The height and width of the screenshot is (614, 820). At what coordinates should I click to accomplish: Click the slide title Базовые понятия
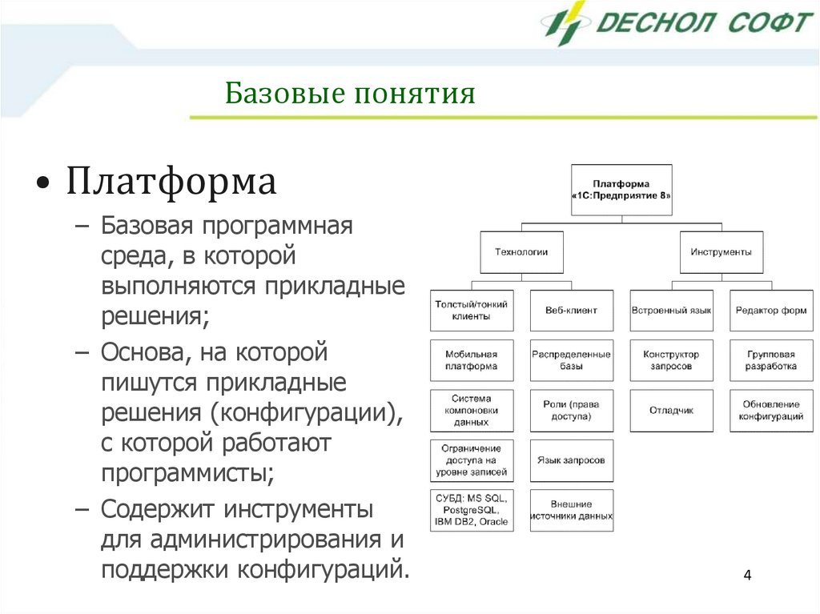[350, 94]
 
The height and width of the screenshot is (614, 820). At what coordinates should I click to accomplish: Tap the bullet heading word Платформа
[171, 182]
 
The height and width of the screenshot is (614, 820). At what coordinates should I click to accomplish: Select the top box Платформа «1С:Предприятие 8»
[621, 190]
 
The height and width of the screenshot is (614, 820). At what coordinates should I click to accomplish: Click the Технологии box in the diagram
[521, 251]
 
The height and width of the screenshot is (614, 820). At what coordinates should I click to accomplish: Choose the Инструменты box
[721, 251]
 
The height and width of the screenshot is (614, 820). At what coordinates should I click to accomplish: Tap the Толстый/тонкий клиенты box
[471, 310]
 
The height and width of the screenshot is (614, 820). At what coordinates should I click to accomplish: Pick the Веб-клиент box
[571, 310]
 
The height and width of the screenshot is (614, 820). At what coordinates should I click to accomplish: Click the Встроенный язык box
[671, 310]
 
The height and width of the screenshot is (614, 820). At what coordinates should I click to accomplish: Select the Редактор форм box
[770, 310]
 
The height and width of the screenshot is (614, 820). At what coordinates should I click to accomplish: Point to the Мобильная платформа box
[471, 360]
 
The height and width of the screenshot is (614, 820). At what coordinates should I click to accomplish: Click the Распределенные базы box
[571, 360]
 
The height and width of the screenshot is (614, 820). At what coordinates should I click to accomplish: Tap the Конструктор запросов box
[671, 360]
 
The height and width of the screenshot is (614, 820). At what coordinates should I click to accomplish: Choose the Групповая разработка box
[770, 360]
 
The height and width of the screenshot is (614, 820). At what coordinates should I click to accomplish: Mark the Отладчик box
[671, 410]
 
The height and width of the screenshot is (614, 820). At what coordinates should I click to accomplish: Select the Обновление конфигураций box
[770, 410]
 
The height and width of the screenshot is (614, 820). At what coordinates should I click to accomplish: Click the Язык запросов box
[571, 460]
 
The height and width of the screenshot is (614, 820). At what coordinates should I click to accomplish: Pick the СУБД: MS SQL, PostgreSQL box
[471, 510]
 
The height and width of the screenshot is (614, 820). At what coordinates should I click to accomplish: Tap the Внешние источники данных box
[571, 510]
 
